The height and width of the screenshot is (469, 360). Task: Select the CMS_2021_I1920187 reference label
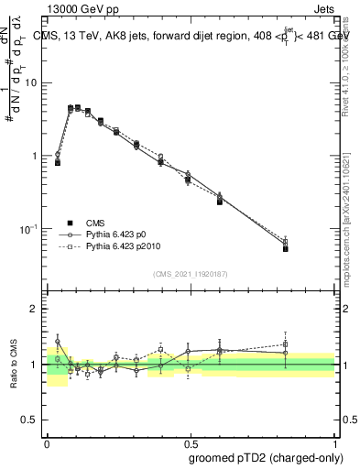(x=190, y=273)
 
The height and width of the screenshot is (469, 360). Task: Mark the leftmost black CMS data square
(x=58, y=162)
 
